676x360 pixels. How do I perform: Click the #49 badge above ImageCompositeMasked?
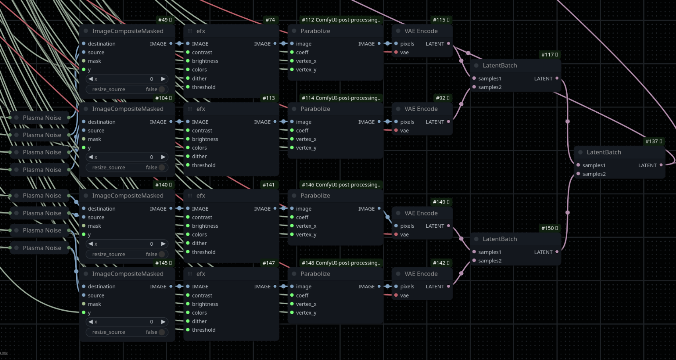165,20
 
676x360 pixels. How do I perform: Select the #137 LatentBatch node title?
604,152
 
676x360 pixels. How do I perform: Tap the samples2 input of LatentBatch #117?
474,87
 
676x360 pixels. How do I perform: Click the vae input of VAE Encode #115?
396,53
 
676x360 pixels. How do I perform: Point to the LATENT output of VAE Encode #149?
449,226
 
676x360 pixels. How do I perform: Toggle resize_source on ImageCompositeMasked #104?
162,168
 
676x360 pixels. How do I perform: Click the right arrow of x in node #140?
163,244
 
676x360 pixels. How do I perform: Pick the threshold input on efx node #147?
188,330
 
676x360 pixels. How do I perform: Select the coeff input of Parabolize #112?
292,53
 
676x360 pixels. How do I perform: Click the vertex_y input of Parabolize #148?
292,313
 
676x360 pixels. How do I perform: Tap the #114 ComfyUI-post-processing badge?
341,98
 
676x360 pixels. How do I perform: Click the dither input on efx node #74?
188,78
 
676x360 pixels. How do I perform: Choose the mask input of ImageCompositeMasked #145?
84,304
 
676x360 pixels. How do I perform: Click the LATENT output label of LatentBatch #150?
543,252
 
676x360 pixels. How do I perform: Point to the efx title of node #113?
201,109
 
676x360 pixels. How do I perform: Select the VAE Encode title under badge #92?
421,109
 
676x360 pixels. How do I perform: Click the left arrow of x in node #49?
90,79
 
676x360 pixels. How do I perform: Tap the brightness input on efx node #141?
188,226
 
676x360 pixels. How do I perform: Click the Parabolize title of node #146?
315,196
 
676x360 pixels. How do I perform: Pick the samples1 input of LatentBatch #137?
578,165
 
